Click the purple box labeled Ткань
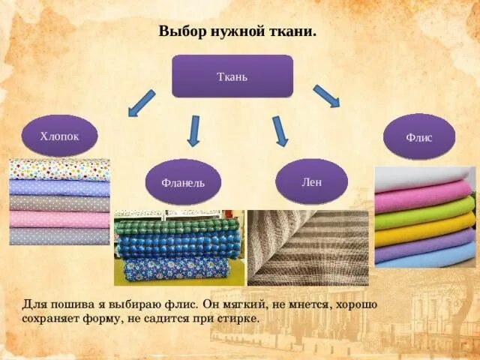click(232, 76)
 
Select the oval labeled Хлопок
click(59, 136)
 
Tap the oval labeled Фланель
click(182, 181)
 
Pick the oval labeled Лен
click(311, 181)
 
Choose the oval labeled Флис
click(418, 137)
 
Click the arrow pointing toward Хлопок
click(141, 103)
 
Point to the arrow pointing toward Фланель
click(193, 130)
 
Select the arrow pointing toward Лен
click(280, 130)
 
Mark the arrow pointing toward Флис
click(326, 96)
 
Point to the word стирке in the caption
click(238, 318)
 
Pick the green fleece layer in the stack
click(424, 213)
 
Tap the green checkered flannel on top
click(178, 226)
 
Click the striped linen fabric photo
click(307, 247)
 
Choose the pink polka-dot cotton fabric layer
click(59, 219)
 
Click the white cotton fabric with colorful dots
click(59, 169)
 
